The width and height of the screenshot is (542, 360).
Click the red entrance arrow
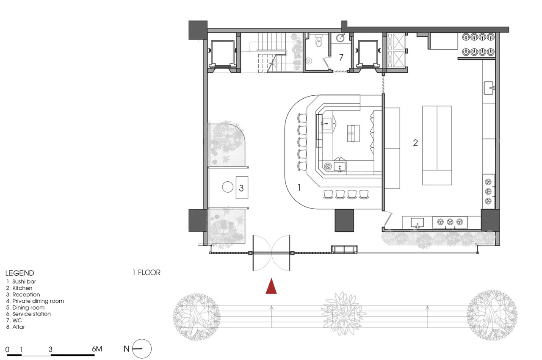coord(271,287)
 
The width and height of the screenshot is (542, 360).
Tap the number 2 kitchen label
coord(415,143)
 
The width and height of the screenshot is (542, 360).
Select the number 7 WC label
coord(341,57)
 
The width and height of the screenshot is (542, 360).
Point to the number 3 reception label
coord(241,188)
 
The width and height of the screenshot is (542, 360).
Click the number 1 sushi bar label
coord(299,187)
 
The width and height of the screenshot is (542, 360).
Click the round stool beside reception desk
coord(228,187)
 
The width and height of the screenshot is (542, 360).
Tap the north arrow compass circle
coord(142,349)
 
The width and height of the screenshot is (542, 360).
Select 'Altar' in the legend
coord(19,327)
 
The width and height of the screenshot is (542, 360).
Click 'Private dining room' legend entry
coord(38,301)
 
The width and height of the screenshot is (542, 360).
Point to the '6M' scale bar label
coord(97,349)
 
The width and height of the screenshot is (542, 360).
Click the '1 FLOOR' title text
coord(147,272)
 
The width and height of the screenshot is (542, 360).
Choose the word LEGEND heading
coord(20,273)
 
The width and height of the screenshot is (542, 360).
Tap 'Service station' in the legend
coord(31,314)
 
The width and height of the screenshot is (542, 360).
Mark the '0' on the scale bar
coord(7,349)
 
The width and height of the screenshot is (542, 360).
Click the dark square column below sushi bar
coord(344,220)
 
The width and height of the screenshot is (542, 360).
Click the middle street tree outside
coord(343,313)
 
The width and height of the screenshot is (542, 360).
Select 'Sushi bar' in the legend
coord(24,281)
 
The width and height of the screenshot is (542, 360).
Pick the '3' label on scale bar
coord(50,349)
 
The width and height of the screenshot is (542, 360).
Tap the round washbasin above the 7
coord(341,38)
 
